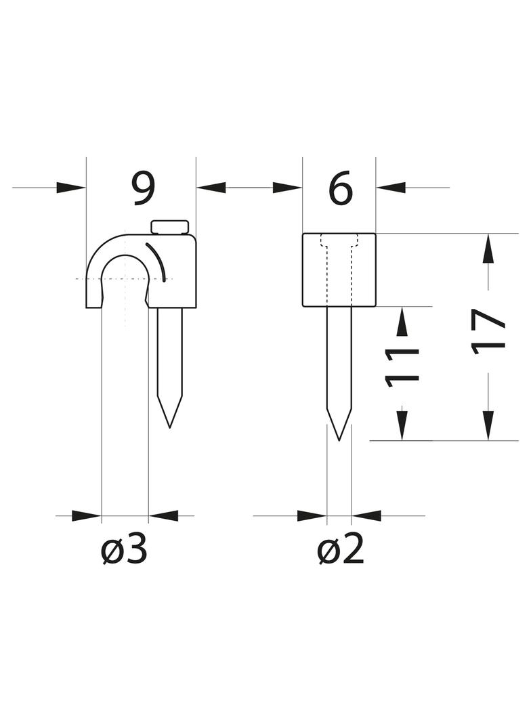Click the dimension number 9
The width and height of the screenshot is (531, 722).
click(141, 188)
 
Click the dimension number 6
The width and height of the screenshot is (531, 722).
click(341, 188)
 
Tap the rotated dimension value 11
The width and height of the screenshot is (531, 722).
click(402, 366)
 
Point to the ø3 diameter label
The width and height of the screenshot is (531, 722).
click(125, 550)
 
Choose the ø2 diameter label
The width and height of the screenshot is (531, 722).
click(341, 550)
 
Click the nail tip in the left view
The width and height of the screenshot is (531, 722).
click(170, 427)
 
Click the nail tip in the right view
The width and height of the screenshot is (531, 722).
click(339, 440)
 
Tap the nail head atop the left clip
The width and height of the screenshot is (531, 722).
click(169, 227)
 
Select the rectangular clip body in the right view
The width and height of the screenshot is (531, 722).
click(339, 270)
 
